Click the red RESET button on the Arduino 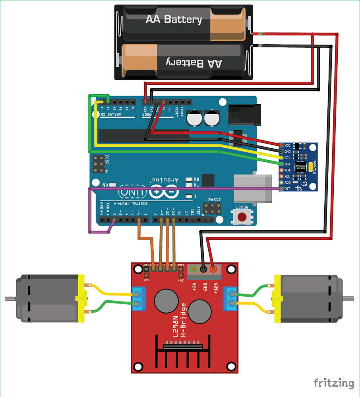point(242,217)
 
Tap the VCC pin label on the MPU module point(288,145)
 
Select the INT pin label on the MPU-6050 point(287,188)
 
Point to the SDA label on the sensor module point(288,164)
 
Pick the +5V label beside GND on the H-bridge point(195,287)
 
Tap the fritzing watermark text point(334,383)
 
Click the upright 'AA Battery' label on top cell point(174,19)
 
